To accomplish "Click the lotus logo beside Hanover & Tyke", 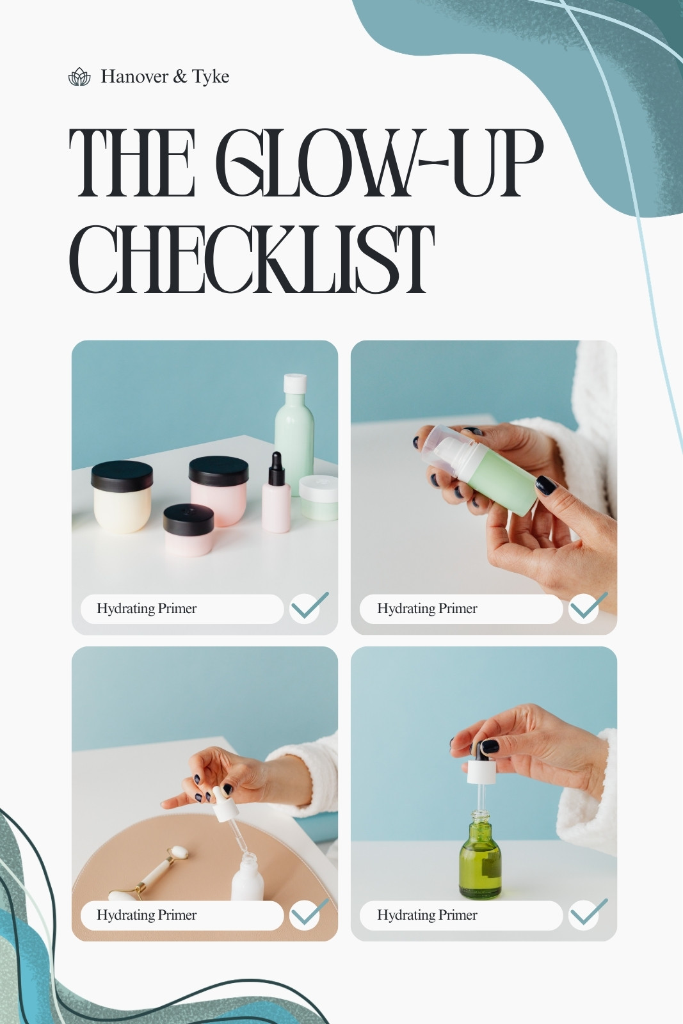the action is click(x=79, y=76).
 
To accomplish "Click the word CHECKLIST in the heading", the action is click(x=252, y=259).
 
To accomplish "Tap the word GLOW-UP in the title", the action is click(x=380, y=163).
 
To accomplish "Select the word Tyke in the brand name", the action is click(x=211, y=76).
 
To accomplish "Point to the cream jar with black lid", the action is click(x=122, y=497).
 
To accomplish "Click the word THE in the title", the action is click(x=132, y=163).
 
